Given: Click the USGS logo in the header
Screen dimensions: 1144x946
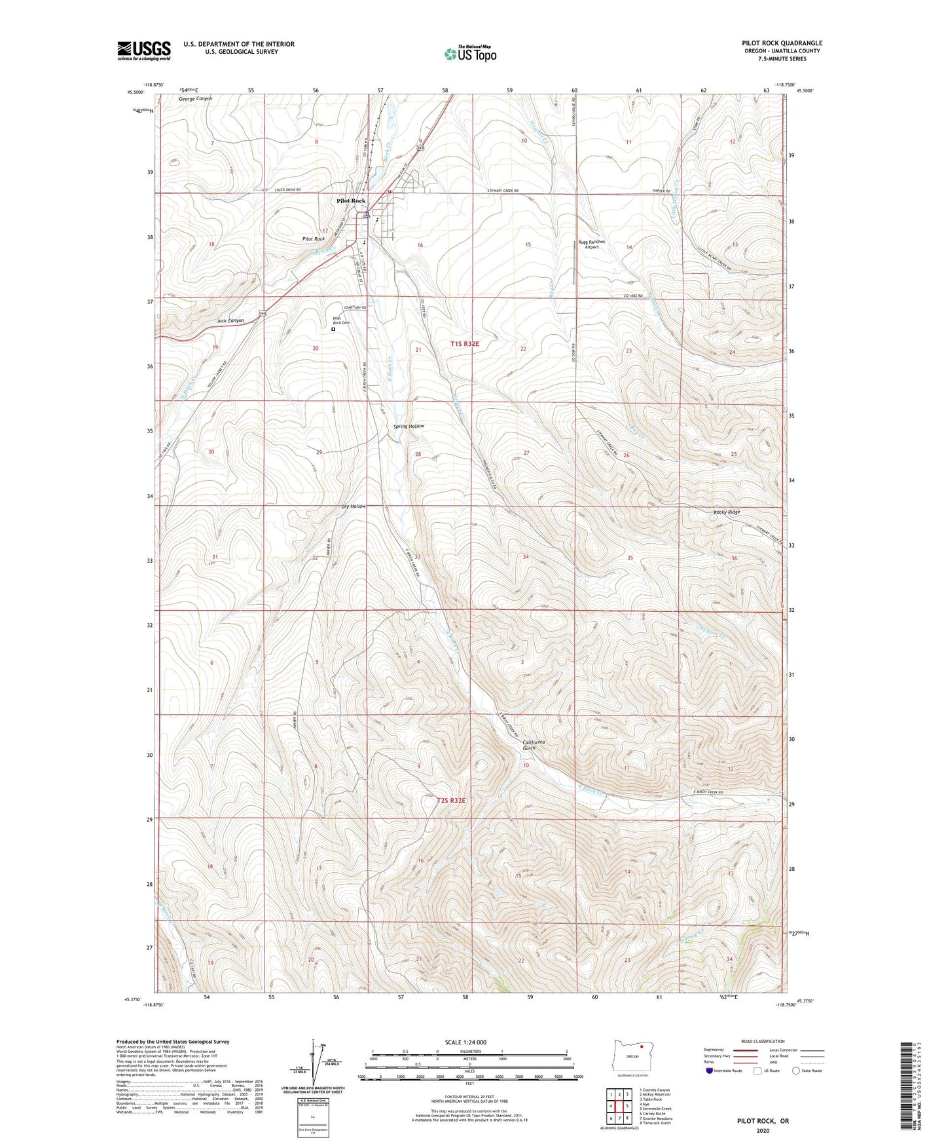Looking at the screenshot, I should [x=144, y=50].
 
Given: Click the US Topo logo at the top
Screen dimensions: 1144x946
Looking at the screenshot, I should [x=469, y=54].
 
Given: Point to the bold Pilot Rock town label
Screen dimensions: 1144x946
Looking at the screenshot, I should [x=351, y=201].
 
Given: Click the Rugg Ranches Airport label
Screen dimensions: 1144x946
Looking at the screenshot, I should [x=592, y=244].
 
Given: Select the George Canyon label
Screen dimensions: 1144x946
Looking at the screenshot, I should [x=196, y=99].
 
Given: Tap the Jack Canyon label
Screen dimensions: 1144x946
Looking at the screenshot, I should [x=230, y=321].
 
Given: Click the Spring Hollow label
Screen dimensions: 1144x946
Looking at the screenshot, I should [x=409, y=427].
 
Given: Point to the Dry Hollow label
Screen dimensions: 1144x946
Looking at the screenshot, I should [x=354, y=506].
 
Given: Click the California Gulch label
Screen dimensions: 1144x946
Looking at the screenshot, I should [x=533, y=745].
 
